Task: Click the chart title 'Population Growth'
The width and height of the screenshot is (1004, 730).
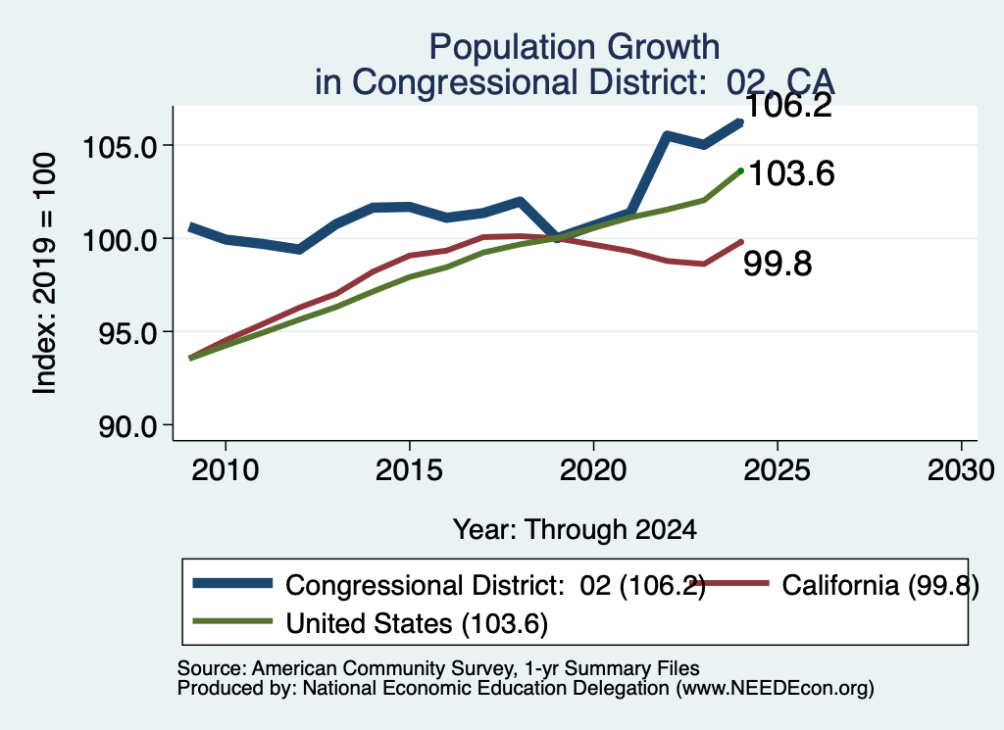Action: [x=575, y=47]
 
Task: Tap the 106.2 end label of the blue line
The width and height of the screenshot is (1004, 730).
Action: [x=788, y=105]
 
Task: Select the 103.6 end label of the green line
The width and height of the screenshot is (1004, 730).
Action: [x=791, y=173]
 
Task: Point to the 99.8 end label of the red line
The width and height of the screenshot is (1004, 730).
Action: [x=778, y=264]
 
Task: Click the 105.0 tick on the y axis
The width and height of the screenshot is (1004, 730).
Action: [x=121, y=147]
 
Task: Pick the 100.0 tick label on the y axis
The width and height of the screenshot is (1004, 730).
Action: [x=121, y=241]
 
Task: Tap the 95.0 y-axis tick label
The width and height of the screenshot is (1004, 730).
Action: [x=128, y=333]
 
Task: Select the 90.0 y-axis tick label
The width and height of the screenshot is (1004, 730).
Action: [x=128, y=427]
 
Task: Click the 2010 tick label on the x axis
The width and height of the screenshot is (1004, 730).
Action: [x=226, y=470]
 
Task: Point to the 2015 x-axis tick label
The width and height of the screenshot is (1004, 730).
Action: [x=409, y=470]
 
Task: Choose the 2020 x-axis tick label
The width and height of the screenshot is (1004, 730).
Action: [x=593, y=470]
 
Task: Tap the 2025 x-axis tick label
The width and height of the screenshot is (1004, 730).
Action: [x=778, y=470]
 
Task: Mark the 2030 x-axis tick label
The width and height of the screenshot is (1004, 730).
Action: [x=961, y=470]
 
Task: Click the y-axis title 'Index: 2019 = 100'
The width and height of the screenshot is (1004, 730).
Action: [x=45, y=273]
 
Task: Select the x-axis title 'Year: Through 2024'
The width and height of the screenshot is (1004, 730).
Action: [x=575, y=530]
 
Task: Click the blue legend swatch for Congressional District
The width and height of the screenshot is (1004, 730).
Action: [x=232, y=583]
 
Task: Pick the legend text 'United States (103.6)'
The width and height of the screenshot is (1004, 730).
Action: [x=417, y=624]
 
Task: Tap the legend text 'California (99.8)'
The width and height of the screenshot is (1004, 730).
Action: [x=880, y=585]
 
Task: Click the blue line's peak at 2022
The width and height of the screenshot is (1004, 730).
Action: [x=667, y=135]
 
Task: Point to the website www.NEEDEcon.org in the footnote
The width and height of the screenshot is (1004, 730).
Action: [x=775, y=689]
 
